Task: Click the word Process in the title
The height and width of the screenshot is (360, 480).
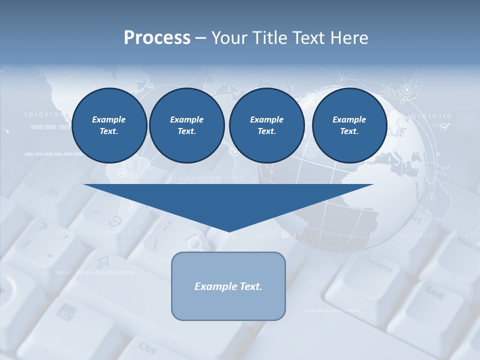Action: point(157,38)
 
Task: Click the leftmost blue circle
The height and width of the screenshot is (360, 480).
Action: point(109,125)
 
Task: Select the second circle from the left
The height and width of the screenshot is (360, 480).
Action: point(186,125)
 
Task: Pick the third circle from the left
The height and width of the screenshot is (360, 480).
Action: point(266,125)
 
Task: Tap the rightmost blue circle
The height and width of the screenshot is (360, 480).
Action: point(349,125)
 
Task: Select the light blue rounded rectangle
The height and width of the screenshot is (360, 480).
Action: point(228,305)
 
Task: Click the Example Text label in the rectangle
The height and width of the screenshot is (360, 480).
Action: point(228,286)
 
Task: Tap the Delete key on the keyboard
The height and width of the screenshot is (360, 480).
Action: point(378,264)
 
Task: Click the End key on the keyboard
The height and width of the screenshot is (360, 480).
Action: point(434,292)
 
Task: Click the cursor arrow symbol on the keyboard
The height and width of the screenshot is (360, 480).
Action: point(103,261)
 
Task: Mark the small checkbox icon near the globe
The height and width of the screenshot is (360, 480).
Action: point(444,127)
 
